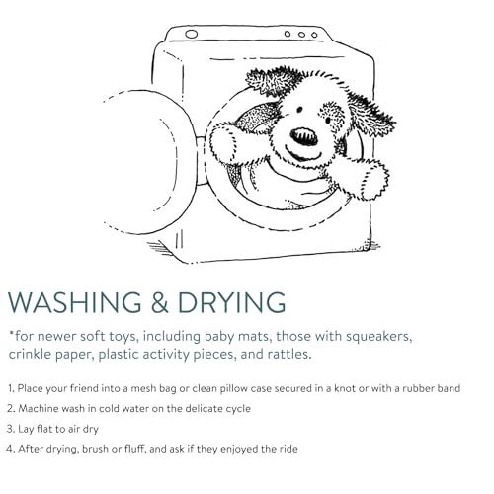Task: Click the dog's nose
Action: pyautogui.click(x=304, y=136)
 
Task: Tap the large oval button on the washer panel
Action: pyautogui.click(x=192, y=34)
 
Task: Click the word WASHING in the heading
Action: pyautogui.click(x=75, y=302)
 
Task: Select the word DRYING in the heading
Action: pyautogui.click(x=231, y=302)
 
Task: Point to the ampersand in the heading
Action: pyautogui.click(x=160, y=302)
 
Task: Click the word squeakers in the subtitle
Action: pyautogui.click(x=379, y=337)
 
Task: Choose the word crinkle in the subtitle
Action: pyautogui.click(x=30, y=355)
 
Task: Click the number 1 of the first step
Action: pyautogui.click(x=11, y=388)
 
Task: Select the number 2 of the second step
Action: pyautogui.click(x=11, y=409)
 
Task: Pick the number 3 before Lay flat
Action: pyautogui.click(x=11, y=429)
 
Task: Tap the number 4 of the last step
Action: pyautogui.click(x=11, y=449)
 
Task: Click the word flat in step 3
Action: pyautogui.click(x=44, y=429)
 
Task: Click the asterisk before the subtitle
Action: pyautogui.click(x=11, y=334)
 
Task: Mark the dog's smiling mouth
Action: pyautogui.click(x=302, y=154)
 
